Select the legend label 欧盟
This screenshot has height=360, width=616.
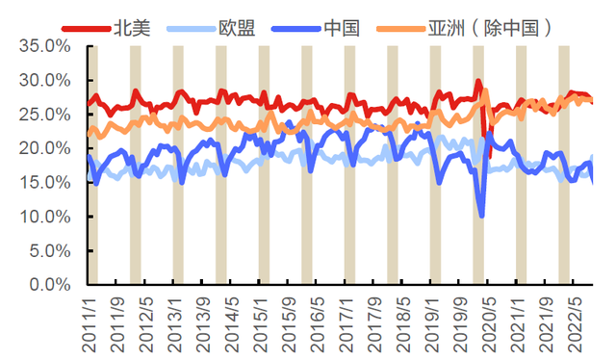coord(236,27)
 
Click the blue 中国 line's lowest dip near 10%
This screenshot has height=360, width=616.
coord(481,216)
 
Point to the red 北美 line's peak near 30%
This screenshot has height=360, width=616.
coord(478,82)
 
